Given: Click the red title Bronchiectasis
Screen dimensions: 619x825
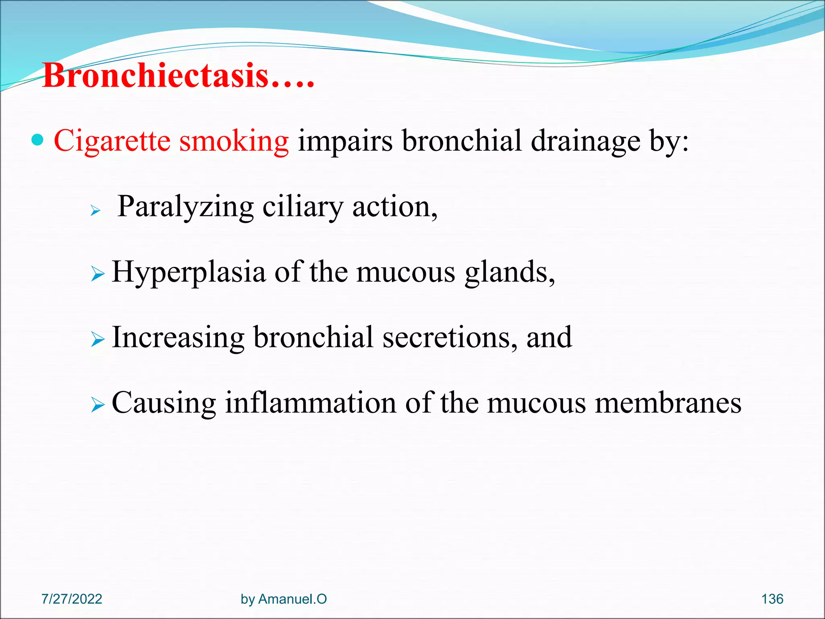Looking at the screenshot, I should coord(177,76).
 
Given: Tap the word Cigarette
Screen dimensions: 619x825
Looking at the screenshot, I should coord(112,141).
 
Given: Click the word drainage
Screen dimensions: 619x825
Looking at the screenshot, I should coord(585,142).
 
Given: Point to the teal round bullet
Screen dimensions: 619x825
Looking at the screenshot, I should coord(37,140).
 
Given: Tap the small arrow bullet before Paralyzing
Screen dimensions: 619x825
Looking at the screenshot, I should coord(95,210).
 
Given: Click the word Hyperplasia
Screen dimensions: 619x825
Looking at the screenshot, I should coord(189,272).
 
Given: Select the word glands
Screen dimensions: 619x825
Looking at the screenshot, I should coord(509,272).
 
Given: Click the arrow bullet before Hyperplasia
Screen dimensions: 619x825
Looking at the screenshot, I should coord(97,274).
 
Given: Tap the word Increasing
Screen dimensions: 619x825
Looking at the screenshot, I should coord(178,338).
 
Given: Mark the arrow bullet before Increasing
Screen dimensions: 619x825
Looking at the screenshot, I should coord(97,339).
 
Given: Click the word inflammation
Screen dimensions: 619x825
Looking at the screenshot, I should coord(310,403).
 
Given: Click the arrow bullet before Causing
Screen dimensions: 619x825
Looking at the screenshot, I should coord(97,405).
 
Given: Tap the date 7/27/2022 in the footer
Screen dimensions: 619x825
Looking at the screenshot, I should coord(72,599).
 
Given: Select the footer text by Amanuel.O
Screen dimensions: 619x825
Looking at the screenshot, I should coord(284,599).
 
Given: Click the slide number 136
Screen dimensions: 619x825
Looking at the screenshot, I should coord(772,599).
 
